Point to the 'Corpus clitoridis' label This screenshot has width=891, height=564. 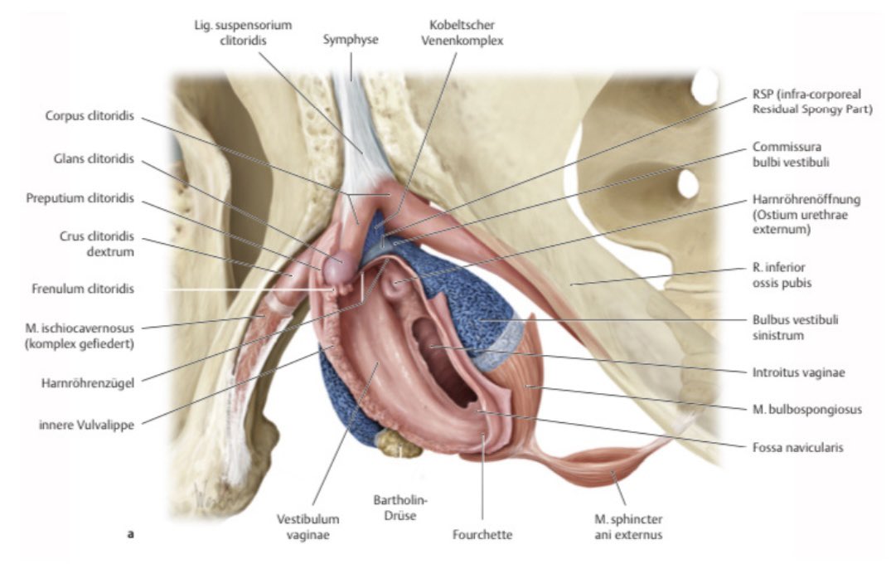90,116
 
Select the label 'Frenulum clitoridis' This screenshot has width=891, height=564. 83,289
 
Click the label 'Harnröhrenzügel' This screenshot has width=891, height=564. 89,383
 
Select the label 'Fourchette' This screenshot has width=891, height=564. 482,535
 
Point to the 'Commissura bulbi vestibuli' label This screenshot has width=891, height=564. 803,154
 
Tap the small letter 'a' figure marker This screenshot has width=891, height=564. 129,535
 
